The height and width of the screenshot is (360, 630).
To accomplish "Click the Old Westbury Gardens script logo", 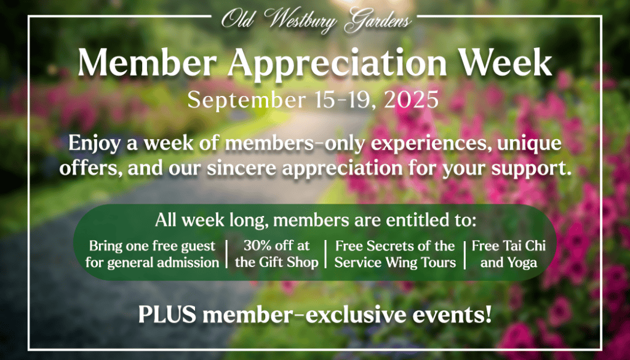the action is [316, 20].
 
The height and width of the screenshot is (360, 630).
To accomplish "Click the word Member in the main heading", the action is [147, 63].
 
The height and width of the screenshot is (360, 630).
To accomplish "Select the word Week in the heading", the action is [505, 63].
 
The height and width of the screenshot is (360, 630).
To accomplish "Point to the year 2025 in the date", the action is [411, 99].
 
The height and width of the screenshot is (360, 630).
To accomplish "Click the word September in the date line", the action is [246, 100].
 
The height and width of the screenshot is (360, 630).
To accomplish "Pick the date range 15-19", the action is [345, 100].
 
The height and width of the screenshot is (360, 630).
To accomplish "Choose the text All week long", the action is [212, 220].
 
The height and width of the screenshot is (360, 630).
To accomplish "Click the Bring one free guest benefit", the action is [153, 246].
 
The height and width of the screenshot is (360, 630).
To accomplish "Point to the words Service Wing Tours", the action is [395, 262].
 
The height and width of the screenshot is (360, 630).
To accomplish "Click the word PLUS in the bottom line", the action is [167, 314].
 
